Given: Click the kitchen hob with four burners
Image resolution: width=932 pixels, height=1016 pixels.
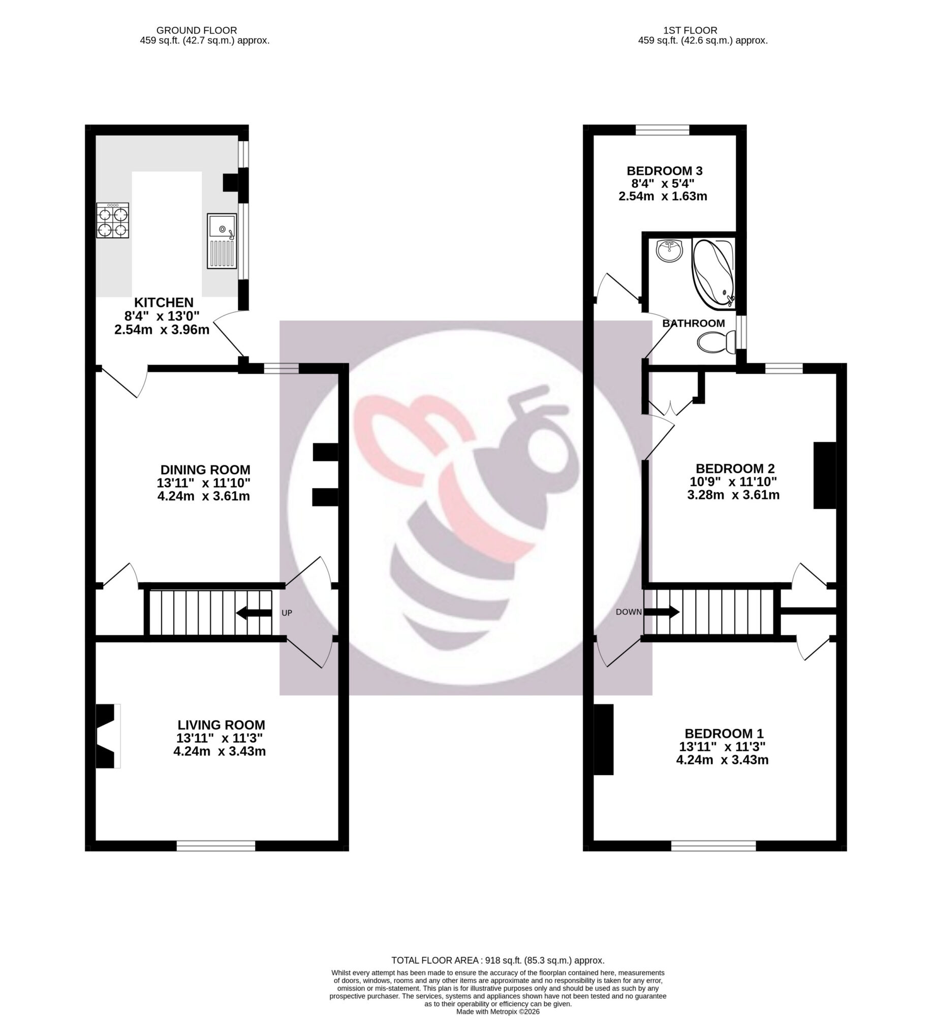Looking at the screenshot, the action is click(x=112, y=221).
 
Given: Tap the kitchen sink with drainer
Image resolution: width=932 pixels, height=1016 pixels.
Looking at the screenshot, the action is click(x=222, y=241).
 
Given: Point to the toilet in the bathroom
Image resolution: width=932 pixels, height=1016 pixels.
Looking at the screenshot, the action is click(x=717, y=342).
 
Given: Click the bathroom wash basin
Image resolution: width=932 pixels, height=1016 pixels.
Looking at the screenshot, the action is click(x=670, y=251).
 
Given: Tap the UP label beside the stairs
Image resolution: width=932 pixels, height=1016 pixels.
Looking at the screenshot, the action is click(x=287, y=613).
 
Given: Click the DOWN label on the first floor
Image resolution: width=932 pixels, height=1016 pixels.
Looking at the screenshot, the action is click(x=629, y=612).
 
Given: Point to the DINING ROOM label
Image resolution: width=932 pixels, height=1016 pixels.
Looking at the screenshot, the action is click(x=205, y=469).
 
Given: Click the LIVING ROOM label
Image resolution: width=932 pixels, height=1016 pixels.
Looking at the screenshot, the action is click(x=221, y=725).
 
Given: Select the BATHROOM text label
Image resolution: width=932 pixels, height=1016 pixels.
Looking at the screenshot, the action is click(x=693, y=323).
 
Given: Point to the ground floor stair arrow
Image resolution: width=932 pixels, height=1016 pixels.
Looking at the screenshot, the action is click(x=254, y=613).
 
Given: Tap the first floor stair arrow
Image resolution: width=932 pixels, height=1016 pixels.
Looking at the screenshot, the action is click(x=661, y=612).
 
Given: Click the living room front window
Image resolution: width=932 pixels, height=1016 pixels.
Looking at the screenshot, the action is click(x=215, y=845).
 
